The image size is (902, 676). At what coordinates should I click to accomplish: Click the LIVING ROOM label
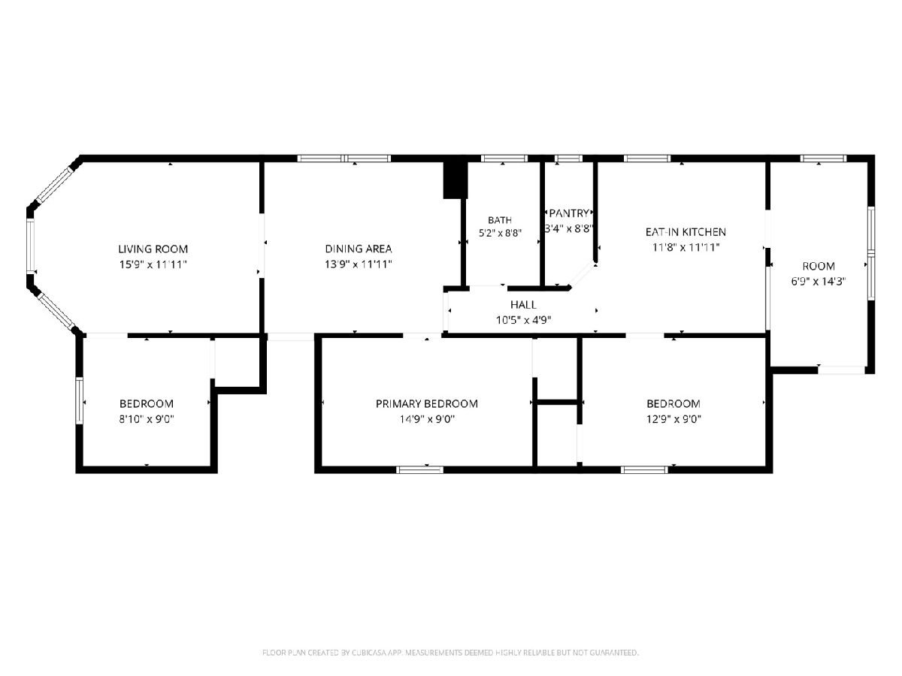click(x=153, y=249)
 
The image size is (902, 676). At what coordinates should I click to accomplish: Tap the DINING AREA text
click(x=359, y=249)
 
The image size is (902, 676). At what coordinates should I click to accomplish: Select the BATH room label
click(x=500, y=220)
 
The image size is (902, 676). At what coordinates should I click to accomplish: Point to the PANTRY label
click(x=569, y=213)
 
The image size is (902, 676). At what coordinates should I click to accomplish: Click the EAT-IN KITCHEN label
click(x=686, y=232)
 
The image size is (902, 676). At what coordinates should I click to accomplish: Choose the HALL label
click(x=523, y=304)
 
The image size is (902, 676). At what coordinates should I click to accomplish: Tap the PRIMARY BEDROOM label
click(x=426, y=404)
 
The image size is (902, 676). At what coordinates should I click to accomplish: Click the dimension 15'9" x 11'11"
click(x=153, y=264)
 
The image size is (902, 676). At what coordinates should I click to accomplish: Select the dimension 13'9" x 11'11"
click(x=359, y=264)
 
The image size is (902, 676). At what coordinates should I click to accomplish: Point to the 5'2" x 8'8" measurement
click(x=500, y=233)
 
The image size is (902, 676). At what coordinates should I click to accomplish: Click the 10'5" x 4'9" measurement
click(x=523, y=320)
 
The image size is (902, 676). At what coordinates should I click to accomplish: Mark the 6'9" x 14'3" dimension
click(x=818, y=282)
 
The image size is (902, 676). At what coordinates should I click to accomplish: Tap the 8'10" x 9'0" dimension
click(x=147, y=419)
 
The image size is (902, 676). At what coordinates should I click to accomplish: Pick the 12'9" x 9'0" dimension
click(x=673, y=419)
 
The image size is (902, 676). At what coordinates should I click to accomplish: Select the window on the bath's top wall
click(x=504, y=158)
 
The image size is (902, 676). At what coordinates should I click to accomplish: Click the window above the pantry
click(x=568, y=158)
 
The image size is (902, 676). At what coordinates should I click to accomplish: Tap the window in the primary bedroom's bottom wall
click(x=419, y=470)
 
